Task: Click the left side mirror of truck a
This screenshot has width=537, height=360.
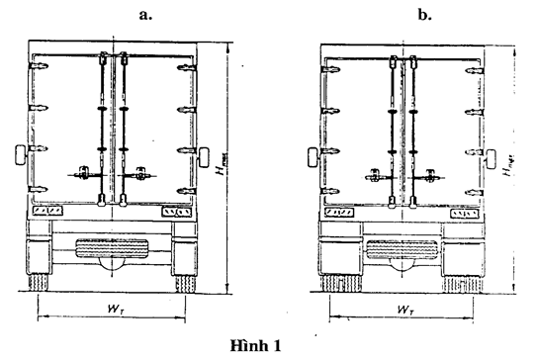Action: (x=20, y=156)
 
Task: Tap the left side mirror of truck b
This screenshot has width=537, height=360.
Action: (x=313, y=156)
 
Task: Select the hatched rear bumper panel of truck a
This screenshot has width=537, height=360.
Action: (x=111, y=248)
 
